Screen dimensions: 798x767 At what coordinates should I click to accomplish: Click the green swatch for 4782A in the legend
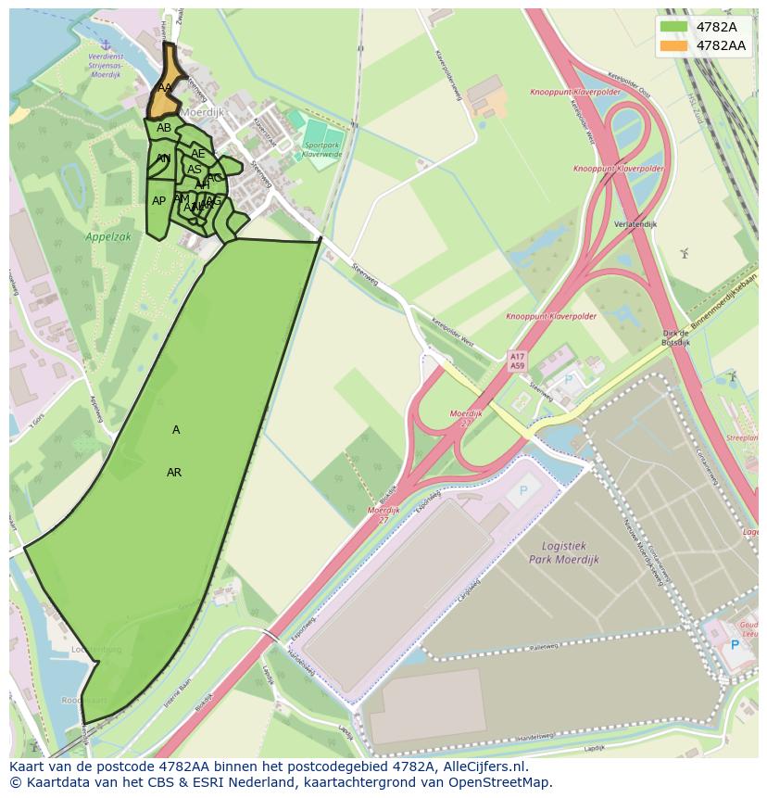point(673,27)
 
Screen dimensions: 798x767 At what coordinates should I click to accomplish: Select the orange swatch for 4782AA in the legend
point(673,45)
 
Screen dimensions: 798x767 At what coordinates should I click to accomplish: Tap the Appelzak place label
point(109,237)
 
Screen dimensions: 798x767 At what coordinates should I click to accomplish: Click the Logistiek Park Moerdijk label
point(566,552)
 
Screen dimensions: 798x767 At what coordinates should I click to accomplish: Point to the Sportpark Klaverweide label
point(322,150)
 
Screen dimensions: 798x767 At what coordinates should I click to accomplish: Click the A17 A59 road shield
point(517,361)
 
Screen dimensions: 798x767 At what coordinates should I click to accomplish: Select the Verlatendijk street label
point(635,225)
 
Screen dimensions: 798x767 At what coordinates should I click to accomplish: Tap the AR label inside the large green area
point(174,473)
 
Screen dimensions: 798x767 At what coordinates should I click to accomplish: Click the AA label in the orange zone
point(164,88)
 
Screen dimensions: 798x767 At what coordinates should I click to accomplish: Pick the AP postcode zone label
point(158,201)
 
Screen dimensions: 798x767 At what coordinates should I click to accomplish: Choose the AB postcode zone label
point(164,128)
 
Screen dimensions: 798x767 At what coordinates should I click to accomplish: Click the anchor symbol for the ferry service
point(106,44)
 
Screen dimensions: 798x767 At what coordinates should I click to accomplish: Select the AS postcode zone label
point(195,170)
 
